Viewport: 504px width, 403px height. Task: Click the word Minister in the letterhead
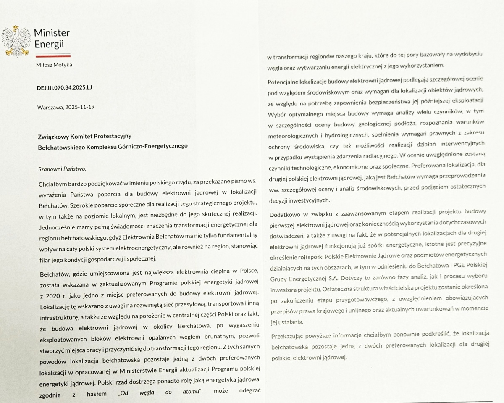pyautogui.click(x=52, y=33)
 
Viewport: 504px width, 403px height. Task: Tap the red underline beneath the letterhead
pyautogui.click(x=52, y=55)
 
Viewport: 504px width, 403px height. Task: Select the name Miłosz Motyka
pyautogui.click(x=55, y=64)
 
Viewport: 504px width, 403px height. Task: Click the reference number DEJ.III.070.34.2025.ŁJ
pyautogui.click(x=64, y=87)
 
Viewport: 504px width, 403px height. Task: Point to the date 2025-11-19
pyautogui.click(x=80, y=107)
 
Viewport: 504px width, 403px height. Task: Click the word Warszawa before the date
pyautogui.click(x=50, y=107)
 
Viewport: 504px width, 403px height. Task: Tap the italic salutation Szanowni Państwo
pyautogui.click(x=61, y=169)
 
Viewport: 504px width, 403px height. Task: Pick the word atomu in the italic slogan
pyautogui.click(x=193, y=392)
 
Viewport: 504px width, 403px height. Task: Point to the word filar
pyautogui.click(x=44, y=258)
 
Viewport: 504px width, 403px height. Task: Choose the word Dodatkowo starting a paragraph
pyautogui.click(x=283, y=211)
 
